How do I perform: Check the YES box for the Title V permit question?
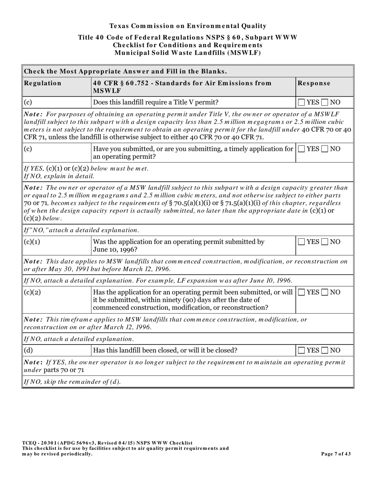(302, 103)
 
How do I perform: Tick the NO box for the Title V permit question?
(325, 103)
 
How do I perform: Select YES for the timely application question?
(302, 149)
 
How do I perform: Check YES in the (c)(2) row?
(302, 293)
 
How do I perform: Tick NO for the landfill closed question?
(325, 350)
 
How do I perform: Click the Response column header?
(314, 83)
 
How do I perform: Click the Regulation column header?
(43, 83)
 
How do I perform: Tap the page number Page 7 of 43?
(336, 454)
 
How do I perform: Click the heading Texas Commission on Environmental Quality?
(188, 26)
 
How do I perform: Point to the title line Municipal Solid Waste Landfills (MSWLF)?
(188, 52)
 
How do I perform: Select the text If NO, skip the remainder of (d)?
(72, 382)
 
